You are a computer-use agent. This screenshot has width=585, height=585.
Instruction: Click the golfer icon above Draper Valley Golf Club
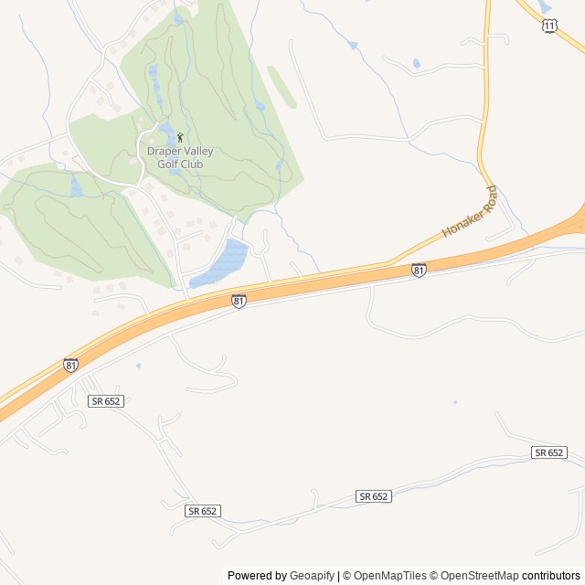pyautogui.click(x=179, y=138)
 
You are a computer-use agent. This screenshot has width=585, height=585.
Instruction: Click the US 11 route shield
pyautogui.click(x=548, y=26)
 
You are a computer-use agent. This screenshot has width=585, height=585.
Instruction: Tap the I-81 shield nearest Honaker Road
pyautogui.click(x=418, y=270)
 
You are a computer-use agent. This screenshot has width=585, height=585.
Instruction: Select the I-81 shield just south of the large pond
pyautogui.click(x=238, y=300)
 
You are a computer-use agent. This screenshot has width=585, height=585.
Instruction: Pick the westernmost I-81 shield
pyautogui.click(x=70, y=365)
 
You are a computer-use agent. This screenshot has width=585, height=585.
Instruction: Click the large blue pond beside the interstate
pyautogui.click(x=222, y=262)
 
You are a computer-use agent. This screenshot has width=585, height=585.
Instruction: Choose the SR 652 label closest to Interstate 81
pyautogui.click(x=106, y=401)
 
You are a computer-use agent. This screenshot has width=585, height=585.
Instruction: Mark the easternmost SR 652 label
pyautogui.click(x=548, y=452)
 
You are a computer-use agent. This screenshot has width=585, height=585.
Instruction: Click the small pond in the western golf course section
pyautogui.click(x=76, y=186)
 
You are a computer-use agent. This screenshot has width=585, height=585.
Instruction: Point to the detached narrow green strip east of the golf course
pyautogui.click(x=282, y=88)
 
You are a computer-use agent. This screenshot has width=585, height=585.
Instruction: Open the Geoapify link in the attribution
pyautogui.click(x=312, y=576)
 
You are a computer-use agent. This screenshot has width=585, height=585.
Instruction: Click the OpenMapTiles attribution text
pyautogui.click(x=390, y=576)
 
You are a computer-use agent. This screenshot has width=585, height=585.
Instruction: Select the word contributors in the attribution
pyautogui.click(x=550, y=576)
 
